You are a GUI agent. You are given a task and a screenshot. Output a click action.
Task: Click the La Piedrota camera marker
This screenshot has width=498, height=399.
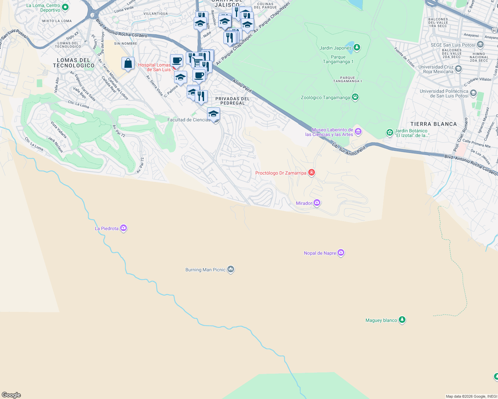tap(124, 228)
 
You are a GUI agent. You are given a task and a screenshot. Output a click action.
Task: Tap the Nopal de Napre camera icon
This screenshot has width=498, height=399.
tap(341, 253)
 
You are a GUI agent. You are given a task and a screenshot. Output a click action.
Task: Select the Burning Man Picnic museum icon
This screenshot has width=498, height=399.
tap(231, 269)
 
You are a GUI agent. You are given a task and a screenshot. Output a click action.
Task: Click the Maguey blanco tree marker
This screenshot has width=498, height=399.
tap(402, 320)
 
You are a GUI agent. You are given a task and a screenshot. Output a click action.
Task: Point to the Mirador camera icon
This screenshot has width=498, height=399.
tap(317, 202)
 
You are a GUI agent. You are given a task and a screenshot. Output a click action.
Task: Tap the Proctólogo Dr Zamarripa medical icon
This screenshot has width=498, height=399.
tap(312, 172)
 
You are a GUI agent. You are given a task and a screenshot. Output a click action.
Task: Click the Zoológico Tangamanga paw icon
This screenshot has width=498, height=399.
tap(355, 97)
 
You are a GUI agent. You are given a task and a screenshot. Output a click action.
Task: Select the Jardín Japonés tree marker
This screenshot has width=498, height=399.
tap(357, 48)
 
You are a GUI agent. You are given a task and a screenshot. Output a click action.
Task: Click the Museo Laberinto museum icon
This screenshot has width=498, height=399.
tap(358, 132)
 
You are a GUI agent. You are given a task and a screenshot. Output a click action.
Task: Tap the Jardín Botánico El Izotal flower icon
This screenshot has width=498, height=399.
tap(390, 133)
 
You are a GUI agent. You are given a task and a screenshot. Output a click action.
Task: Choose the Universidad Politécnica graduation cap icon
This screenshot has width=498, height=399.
tap(473, 93)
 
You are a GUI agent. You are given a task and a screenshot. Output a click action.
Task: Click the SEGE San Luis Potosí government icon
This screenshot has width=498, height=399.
tap(480, 45)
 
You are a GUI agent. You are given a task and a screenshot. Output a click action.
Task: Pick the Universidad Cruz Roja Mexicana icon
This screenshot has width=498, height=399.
tap(458, 69)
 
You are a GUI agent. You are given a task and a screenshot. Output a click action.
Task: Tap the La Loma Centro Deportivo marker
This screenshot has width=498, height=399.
tap(65, 7)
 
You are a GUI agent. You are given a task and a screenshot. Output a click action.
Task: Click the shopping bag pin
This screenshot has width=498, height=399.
tap(128, 63)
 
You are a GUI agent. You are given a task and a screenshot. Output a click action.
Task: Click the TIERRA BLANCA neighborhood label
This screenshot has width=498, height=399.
tap(433, 124)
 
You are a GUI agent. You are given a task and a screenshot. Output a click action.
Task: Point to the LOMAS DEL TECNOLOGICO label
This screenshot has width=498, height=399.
tap(74, 63)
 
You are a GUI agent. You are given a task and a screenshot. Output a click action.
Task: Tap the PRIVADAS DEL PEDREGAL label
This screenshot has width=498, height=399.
tap(232, 101)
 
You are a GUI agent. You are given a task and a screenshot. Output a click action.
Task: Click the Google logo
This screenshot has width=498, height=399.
tap(11, 395)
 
